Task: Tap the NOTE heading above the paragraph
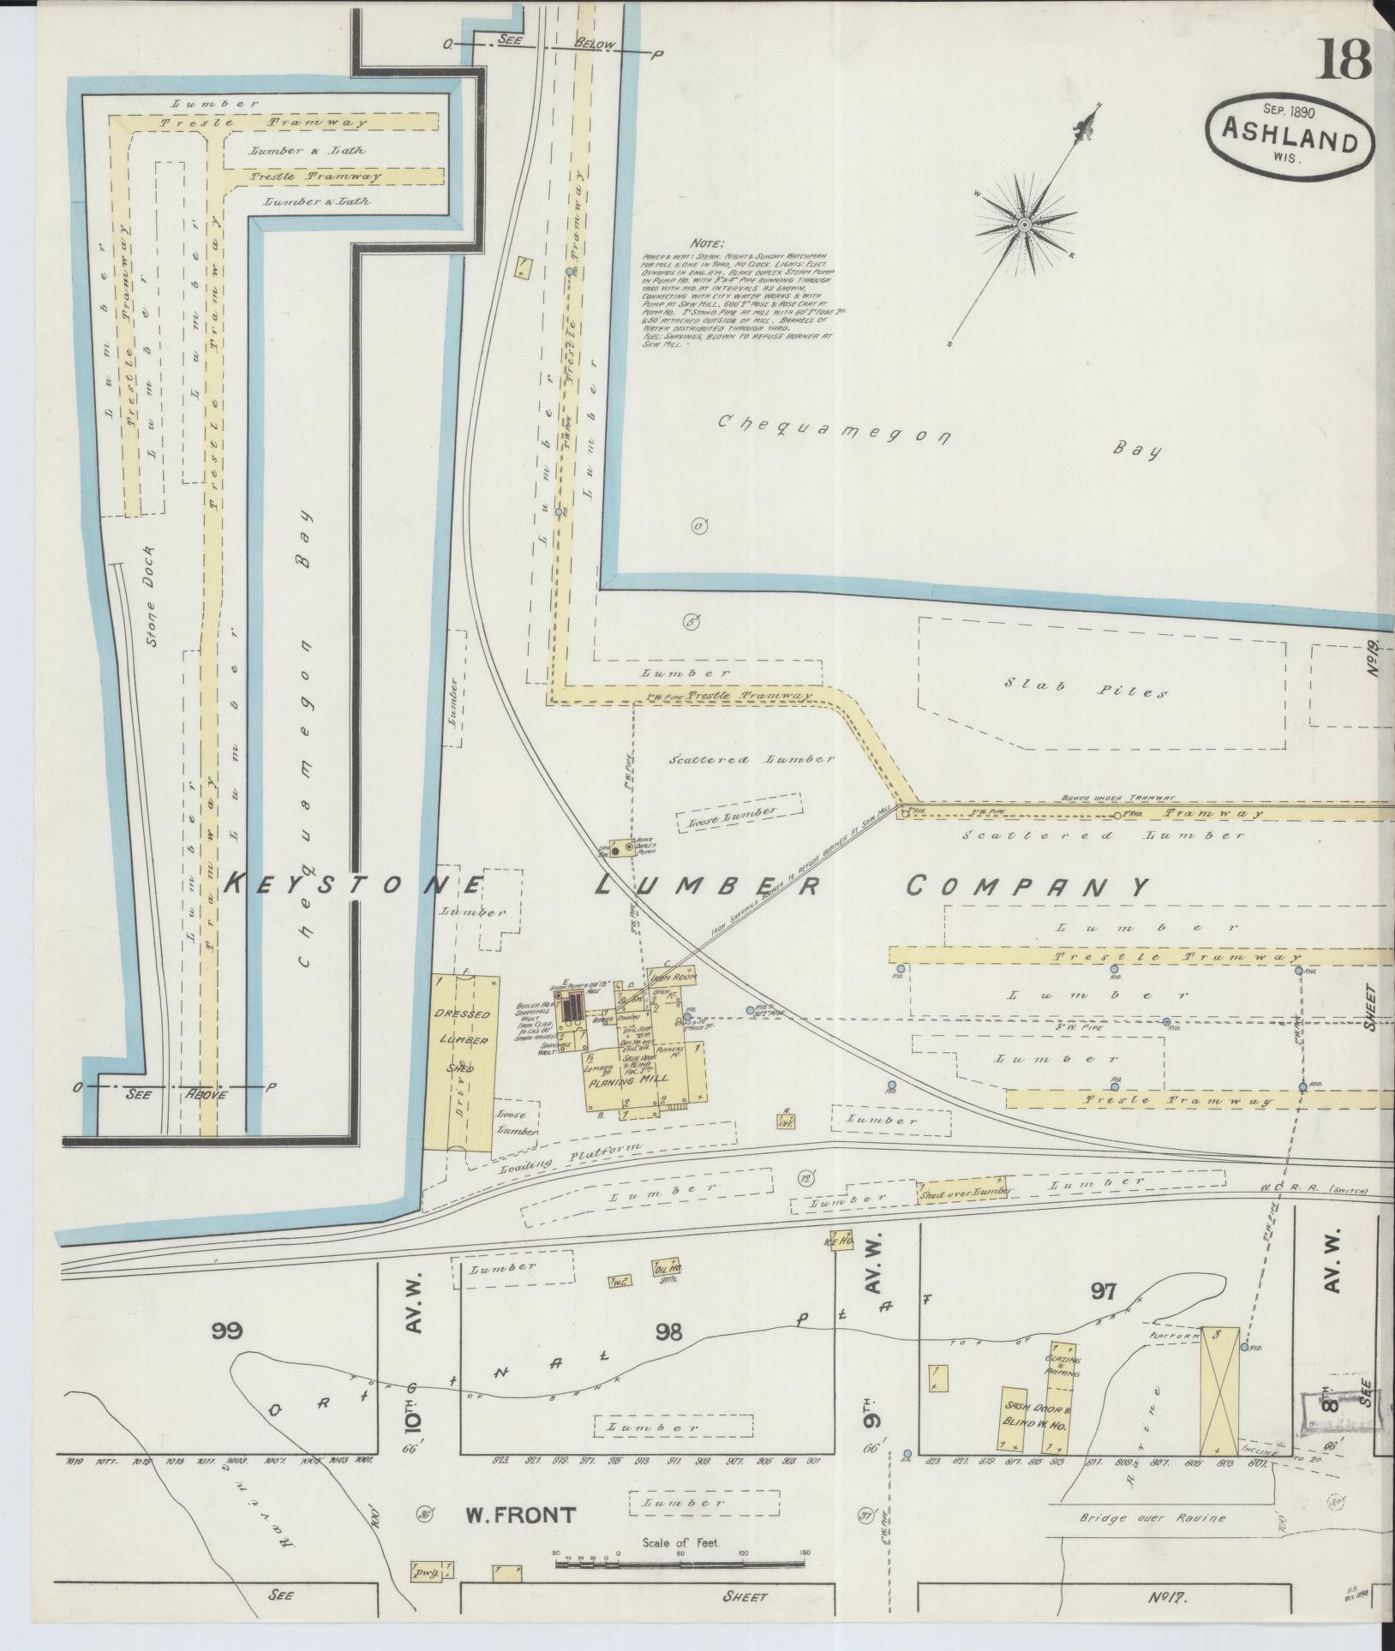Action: [x=710, y=243]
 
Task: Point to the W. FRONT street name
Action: [x=508, y=1515]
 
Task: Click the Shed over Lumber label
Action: [x=965, y=1192]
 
